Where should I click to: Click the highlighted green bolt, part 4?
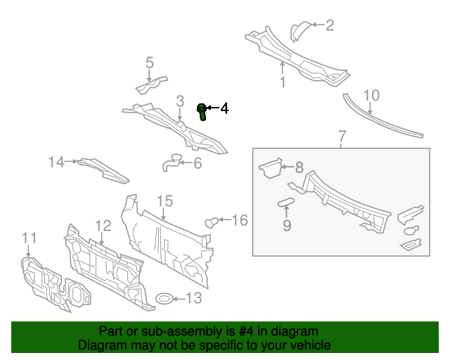click(x=202, y=110)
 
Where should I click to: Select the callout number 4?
click(x=224, y=108)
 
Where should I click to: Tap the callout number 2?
click(x=329, y=26)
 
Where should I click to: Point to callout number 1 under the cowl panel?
click(x=283, y=82)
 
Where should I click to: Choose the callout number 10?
click(x=371, y=95)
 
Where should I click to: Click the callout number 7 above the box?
click(x=342, y=135)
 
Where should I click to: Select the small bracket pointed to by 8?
click(x=269, y=168)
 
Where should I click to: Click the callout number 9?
click(x=286, y=226)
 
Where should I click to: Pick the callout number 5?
click(x=149, y=63)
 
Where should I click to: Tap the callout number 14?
click(x=56, y=162)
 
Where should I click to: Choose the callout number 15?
click(x=164, y=202)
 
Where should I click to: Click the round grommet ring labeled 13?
click(x=163, y=298)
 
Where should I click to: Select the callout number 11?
click(x=28, y=238)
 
